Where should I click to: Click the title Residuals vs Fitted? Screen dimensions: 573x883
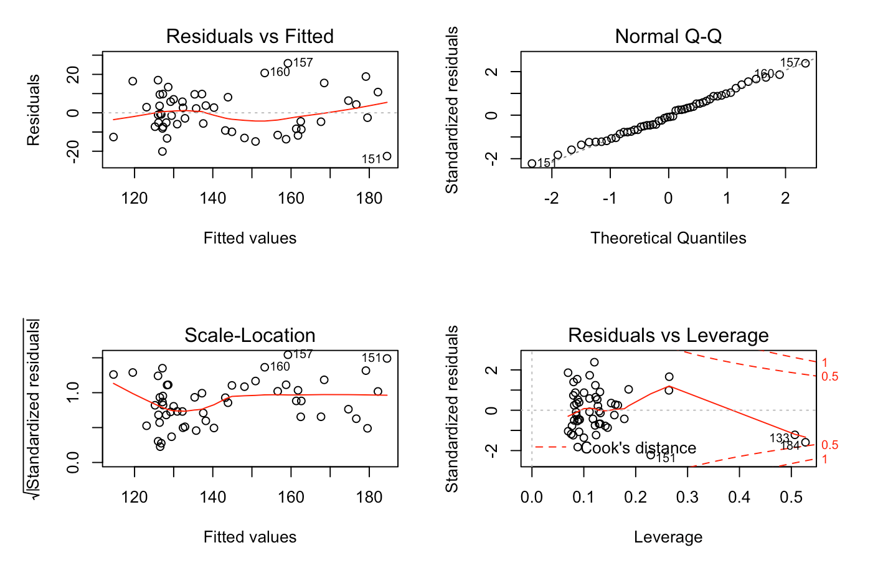tap(250, 37)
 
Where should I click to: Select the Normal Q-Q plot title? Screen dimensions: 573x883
tap(668, 37)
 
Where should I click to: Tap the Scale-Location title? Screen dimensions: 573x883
tap(250, 336)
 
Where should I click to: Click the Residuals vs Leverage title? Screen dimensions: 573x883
tap(668, 336)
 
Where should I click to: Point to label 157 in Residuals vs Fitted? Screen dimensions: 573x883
tap(303, 63)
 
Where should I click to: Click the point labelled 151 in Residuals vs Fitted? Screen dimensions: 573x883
tap(387, 156)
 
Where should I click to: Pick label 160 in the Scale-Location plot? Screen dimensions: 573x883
tap(280, 367)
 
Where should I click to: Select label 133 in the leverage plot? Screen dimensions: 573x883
tap(779, 438)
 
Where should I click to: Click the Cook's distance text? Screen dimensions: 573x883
tap(638, 448)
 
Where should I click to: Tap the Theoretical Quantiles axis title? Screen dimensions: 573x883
tap(668, 239)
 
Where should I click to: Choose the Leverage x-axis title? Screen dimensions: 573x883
tap(668, 537)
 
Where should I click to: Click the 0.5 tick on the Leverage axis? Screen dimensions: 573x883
tap(791, 498)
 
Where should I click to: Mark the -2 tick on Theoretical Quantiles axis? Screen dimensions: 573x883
tap(551, 199)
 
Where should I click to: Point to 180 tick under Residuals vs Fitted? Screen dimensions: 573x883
tap(369, 199)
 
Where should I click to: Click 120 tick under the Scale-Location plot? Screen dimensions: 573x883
tap(135, 498)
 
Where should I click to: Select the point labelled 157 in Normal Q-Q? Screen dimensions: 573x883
tap(805, 63)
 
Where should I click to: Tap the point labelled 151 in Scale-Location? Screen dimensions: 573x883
tap(387, 358)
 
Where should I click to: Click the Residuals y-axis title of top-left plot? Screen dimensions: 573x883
tap(34, 110)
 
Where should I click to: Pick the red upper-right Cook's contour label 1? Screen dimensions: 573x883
tap(824, 362)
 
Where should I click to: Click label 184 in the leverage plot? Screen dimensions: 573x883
tap(790, 446)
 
